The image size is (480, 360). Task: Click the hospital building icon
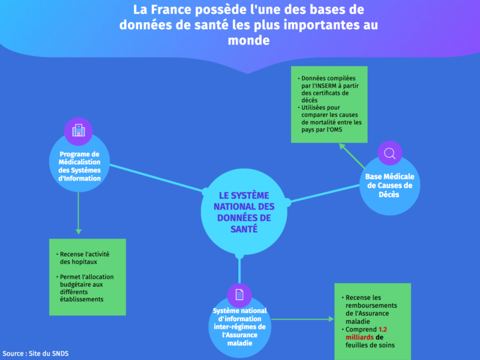pos(79,131)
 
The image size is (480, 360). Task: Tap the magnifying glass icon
pos(389,154)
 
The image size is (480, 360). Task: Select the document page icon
pos(239,295)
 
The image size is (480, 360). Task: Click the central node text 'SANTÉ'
pos(244,229)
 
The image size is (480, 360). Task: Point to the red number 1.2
pos(383,329)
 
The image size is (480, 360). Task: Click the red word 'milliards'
pos(359,337)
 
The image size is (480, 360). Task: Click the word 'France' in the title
pos(172,10)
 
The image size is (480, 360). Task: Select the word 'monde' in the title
pos(248,40)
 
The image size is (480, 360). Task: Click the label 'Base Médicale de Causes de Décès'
pos(389,185)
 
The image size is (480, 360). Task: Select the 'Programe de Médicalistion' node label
pos(79,158)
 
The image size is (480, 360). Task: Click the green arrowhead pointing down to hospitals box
pos(79,232)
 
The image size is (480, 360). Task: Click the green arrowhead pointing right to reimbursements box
pos(331,319)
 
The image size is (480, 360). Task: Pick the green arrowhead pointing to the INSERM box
pos(342,147)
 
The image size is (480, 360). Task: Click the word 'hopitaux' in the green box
pos(79,262)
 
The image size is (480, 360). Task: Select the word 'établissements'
pos(82,299)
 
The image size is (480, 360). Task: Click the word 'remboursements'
pos(371,305)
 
